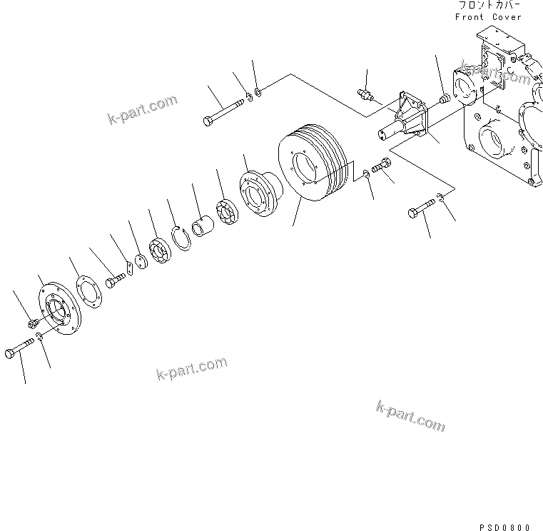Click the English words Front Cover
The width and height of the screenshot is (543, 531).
pos(488,16)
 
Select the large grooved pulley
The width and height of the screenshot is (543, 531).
pos(311,165)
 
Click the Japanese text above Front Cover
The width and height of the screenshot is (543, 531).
pos(489,5)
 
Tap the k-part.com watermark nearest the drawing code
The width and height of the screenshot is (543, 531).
pos(410,415)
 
